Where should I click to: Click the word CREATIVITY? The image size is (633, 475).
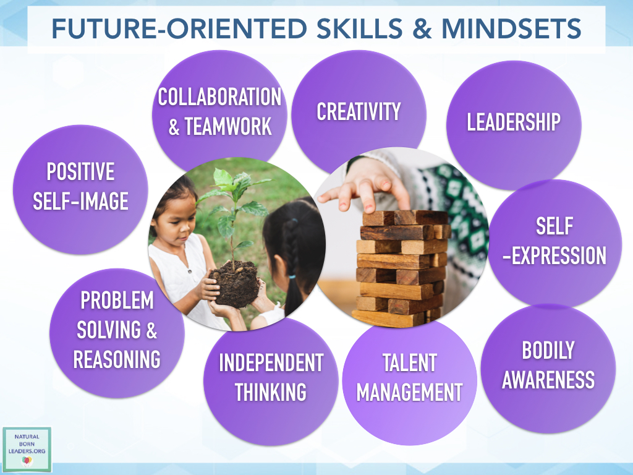tap(359, 112)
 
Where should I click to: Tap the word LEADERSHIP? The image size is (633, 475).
tap(513, 122)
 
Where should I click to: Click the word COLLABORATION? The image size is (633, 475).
tap(219, 97)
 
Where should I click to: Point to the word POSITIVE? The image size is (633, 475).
tap(80, 171)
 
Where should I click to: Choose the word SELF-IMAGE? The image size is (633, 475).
tap(80, 201)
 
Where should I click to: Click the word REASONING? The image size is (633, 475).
tap(117, 359)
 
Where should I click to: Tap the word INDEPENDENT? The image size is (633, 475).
tap(271, 363)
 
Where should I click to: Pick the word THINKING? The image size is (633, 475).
tap(271, 392)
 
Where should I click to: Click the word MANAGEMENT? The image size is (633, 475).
tap(409, 392)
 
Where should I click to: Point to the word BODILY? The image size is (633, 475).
tap(548, 351)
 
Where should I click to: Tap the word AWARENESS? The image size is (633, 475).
tap(548, 380)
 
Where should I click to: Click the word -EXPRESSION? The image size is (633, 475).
tap(554, 255)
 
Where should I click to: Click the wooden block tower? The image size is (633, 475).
tap(402, 266)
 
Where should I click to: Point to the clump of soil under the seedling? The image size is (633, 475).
tap(235, 281)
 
